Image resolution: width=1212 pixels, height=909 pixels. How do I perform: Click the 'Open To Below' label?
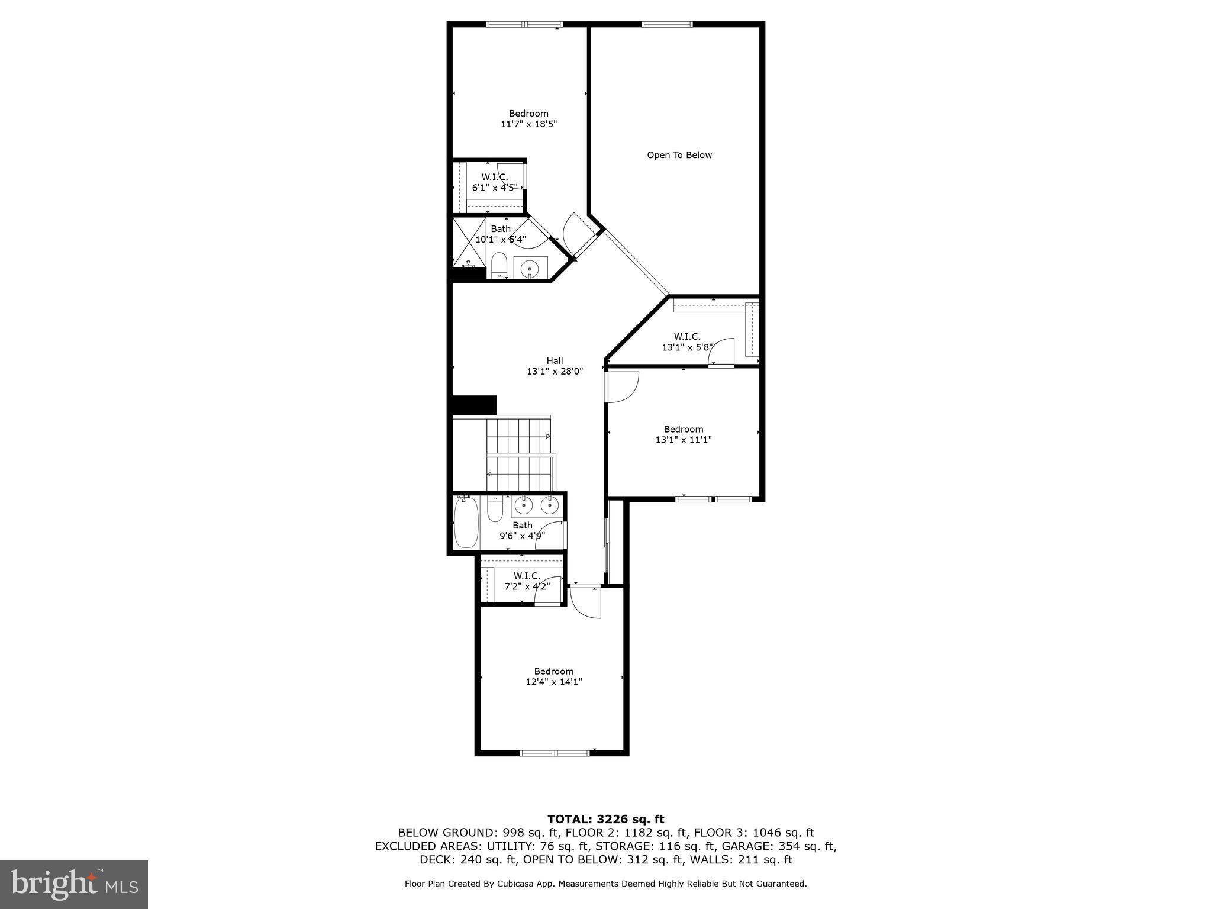coord(679,155)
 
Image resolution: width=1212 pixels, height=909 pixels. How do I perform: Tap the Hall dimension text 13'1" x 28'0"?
coord(555,372)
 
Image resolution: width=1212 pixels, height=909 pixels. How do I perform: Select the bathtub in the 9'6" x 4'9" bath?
coord(465,523)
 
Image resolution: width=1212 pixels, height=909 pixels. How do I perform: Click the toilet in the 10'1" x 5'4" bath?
coord(499,265)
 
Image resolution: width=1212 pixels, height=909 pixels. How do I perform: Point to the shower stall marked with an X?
coord(469,241)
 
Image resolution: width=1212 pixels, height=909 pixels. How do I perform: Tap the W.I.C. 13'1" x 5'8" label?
coord(686,342)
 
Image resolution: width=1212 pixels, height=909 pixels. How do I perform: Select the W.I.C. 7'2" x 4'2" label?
coord(526,581)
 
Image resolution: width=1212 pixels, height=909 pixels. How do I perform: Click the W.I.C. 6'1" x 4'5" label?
coord(494,182)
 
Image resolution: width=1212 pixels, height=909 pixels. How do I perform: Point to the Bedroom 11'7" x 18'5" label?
coord(528,119)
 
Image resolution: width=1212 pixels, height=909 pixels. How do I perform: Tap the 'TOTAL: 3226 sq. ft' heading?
coord(605,819)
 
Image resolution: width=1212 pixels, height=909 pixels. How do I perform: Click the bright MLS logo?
coord(74,885)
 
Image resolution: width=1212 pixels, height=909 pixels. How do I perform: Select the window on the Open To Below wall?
coord(667,25)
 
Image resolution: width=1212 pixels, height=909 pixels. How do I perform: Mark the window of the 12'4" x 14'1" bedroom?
coord(555,753)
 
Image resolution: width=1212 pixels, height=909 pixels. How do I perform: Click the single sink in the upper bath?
coord(529,269)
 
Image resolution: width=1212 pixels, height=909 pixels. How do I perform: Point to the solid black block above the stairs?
coord(474,405)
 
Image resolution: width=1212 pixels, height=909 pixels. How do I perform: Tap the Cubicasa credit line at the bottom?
coord(605,884)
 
